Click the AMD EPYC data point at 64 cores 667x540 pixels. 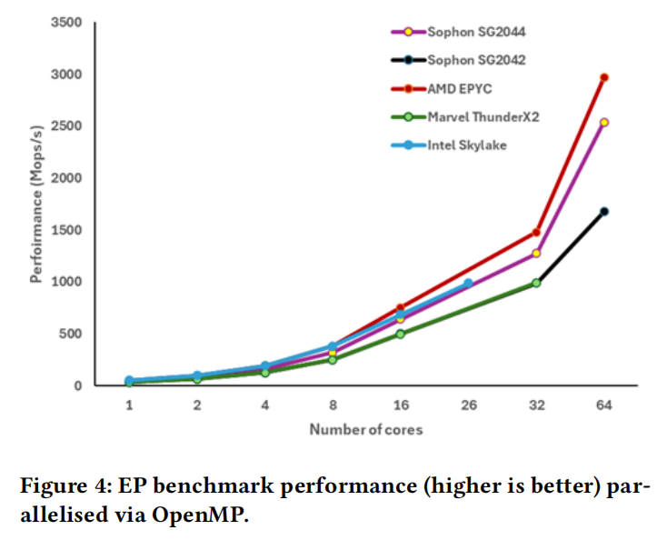(x=604, y=77)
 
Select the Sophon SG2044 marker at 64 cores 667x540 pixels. (x=604, y=122)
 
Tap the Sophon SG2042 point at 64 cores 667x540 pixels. (x=604, y=211)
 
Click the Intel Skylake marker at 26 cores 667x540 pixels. (x=469, y=284)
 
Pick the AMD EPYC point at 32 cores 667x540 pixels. (x=536, y=233)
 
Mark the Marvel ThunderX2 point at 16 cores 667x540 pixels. (x=400, y=334)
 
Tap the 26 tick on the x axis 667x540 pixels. (x=468, y=405)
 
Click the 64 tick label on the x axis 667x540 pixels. (x=604, y=405)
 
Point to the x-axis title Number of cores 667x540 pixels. (x=365, y=429)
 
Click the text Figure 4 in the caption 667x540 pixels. (x=61, y=485)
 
